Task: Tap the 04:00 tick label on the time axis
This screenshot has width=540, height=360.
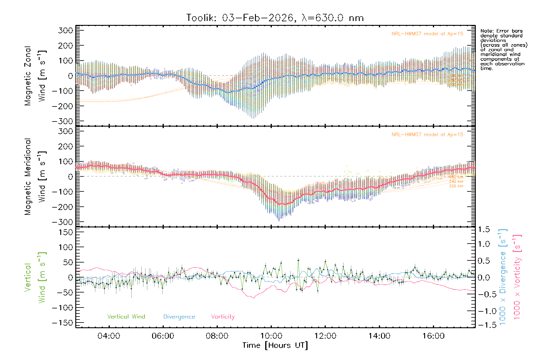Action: pos(109,336)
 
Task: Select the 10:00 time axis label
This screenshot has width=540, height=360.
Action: pos(271,336)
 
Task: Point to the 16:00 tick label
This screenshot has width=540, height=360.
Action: pos(433,336)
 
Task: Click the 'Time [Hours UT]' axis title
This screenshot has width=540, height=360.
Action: pos(275,346)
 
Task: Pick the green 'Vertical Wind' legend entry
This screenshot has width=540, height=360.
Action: pos(126,317)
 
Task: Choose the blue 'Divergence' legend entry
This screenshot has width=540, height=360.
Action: pos(179,317)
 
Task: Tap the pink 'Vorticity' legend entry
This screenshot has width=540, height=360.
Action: pos(223,317)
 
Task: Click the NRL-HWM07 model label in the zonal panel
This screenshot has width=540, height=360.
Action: pos(427,34)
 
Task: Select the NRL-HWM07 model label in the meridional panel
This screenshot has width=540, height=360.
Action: pos(427,135)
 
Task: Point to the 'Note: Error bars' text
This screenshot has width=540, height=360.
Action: pos(501,31)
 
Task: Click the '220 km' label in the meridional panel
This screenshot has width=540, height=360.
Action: pos(456,186)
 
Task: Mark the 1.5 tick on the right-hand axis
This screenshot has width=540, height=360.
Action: pos(484,230)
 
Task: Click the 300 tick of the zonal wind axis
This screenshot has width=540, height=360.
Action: pos(65,30)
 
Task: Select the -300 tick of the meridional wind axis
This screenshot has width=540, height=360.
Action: pos(62,222)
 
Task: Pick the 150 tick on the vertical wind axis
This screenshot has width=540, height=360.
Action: pos(65,232)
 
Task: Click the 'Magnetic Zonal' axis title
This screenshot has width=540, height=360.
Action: pos(28,76)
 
